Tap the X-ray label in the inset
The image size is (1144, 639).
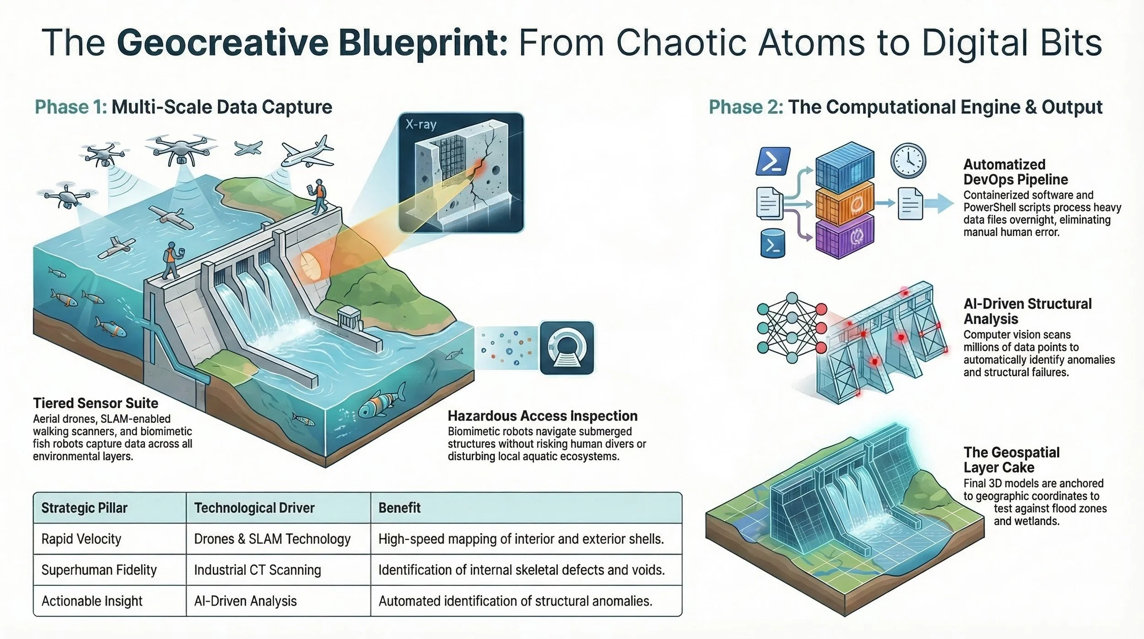(421, 125)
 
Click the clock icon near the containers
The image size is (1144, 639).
(908, 161)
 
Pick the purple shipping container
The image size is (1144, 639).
(845, 237)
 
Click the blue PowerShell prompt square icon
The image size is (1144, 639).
(773, 161)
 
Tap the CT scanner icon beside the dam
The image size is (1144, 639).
(567, 348)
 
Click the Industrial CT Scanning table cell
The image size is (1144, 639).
(257, 570)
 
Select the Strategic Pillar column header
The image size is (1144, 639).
(84, 508)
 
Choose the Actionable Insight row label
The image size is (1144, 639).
(92, 601)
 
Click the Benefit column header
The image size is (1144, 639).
(399, 508)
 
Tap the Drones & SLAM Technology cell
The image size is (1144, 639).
(272, 539)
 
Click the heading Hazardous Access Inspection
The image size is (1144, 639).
(542, 415)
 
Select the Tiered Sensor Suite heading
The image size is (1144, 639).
(96, 403)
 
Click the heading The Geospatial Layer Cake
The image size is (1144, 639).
(1011, 459)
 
